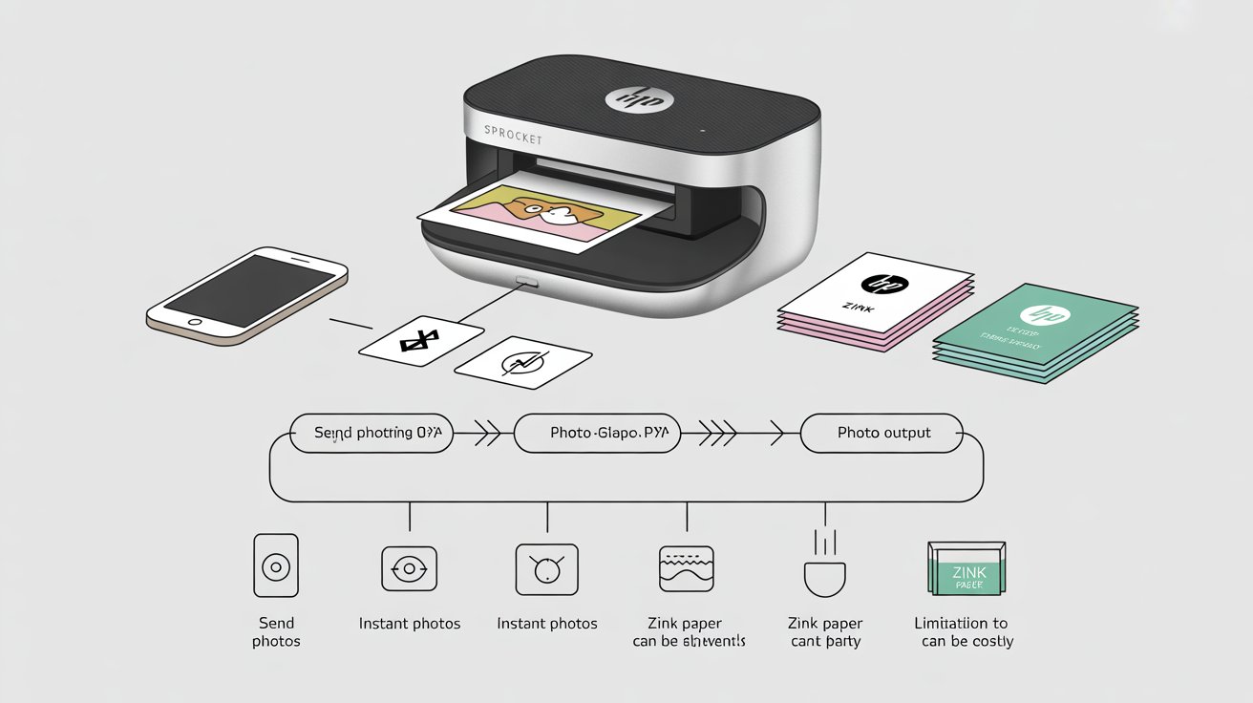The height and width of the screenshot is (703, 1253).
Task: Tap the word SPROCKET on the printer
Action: pos(513,134)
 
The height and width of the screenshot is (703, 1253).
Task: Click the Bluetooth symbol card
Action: pos(421,339)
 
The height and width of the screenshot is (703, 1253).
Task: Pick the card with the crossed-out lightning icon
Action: pos(524,362)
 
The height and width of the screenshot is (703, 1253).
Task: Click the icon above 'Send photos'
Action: pos(275,566)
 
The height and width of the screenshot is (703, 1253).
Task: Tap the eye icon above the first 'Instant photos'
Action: pos(409,567)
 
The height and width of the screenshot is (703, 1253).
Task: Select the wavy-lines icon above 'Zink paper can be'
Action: pos(687,568)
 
